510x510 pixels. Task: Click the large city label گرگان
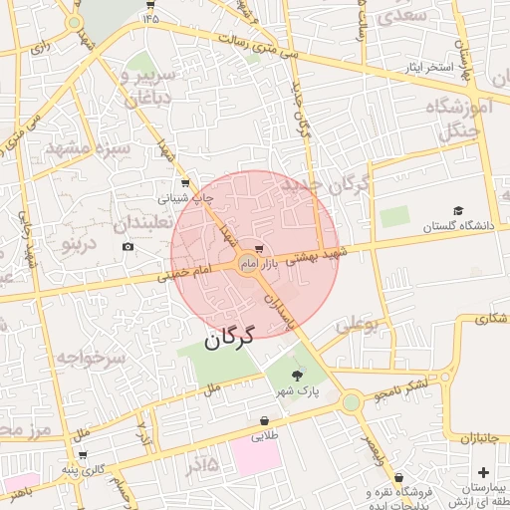pyautogui.click(x=230, y=337)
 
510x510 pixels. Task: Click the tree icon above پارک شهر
pyautogui.click(x=298, y=376)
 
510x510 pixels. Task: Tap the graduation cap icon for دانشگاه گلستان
pyautogui.click(x=458, y=210)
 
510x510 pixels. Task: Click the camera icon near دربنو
pyautogui.click(x=127, y=247)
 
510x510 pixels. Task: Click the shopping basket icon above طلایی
pyautogui.click(x=264, y=420)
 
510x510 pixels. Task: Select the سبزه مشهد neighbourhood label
pyautogui.click(x=88, y=149)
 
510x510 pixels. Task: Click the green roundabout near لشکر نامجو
pyautogui.click(x=351, y=402)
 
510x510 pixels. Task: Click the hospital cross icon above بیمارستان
pyautogui.click(x=483, y=471)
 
